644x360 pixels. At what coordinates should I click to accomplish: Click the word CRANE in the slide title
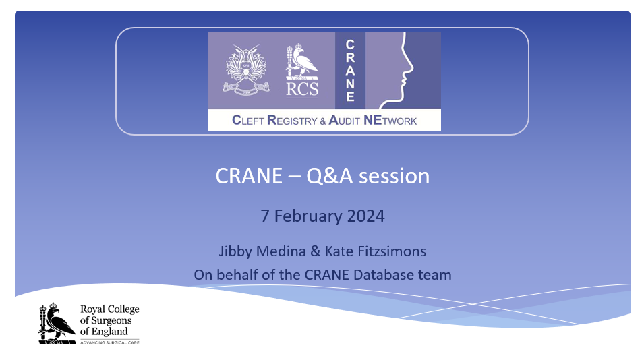[x=249, y=176]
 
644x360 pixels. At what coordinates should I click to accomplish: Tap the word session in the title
[x=394, y=177]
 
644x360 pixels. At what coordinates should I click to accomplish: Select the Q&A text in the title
[x=329, y=177]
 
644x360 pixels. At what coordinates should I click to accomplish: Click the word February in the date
[x=308, y=216]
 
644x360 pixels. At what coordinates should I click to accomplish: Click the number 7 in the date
[x=265, y=216]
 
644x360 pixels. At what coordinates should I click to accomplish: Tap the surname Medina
[x=281, y=251]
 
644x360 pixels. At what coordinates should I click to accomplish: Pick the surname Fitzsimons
[x=392, y=251]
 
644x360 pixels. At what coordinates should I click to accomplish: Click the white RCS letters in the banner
[x=302, y=89]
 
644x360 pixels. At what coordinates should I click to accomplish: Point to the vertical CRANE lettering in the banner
[x=350, y=70]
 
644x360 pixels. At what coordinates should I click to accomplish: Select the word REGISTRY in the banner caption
[x=292, y=120]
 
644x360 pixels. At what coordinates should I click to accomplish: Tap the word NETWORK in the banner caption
[x=390, y=120]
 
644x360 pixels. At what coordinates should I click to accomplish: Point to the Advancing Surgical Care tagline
[x=110, y=342]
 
